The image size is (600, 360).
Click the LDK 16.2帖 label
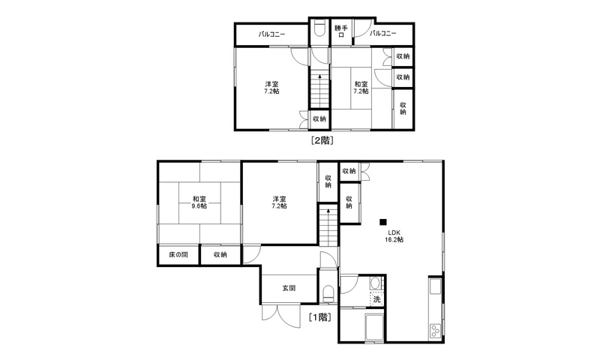coord(394,236)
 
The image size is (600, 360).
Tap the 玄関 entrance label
coord(289,288)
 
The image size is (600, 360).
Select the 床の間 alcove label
coord(178,254)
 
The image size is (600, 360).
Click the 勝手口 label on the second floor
coord(341,31)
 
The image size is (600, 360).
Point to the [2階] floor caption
coord(322,140)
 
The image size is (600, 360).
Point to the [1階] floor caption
coord(320,316)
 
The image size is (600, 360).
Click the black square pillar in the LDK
coord(383,221)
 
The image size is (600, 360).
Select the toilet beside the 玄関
coord(328,293)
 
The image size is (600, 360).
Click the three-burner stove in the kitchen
coord(435,331)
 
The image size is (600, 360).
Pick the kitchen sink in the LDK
coord(436,286)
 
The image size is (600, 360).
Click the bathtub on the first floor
coord(374,327)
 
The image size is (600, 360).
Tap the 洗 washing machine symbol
coord(377,299)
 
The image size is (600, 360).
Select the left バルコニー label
coord(271,34)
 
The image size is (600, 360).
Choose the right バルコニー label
coord(383,33)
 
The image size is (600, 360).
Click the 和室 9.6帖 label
coord(199,202)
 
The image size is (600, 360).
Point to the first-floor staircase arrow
coord(328,226)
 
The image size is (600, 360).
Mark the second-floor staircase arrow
coord(320,91)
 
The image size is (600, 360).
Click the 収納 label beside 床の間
coord(220,254)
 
